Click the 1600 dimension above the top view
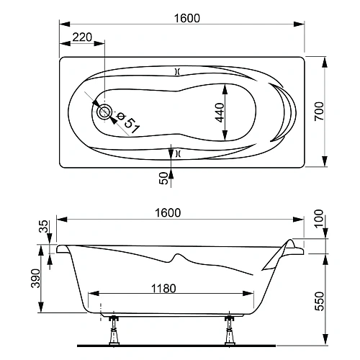187,18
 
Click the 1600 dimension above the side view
168,213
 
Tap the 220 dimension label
82,37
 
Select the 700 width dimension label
319,112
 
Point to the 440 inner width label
220,112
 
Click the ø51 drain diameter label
128,122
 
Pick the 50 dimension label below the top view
163,178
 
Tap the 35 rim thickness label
43,226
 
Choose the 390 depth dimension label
35,279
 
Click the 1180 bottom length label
163,288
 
